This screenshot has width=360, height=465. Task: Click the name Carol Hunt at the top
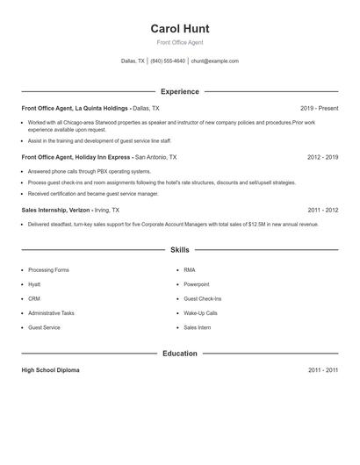pyautogui.click(x=180, y=28)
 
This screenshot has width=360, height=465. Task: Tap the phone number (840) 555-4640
pyautogui.click(x=168, y=61)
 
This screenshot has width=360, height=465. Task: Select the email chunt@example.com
pyautogui.click(x=215, y=61)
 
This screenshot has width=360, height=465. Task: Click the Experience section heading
pyautogui.click(x=180, y=91)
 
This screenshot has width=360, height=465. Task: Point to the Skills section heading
pyautogui.click(x=180, y=250)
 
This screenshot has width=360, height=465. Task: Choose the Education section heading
pyautogui.click(x=180, y=354)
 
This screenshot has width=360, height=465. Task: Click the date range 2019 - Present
pyautogui.click(x=319, y=108)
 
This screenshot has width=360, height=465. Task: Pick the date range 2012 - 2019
pyautogui.click(x=322, y=157)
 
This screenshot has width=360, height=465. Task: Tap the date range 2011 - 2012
pyautogui.click(x=322, y=211)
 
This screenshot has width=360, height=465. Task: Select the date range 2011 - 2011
pyautogui.click(x=322, y=370)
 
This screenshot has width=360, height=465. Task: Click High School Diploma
pyautogui.click(x=50, y=370)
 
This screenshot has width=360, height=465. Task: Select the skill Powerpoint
pyautogui.click(x=197, y=284)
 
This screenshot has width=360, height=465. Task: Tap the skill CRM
pyautogui.click(x=34, y=298)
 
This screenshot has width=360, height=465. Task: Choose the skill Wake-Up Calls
pyautogui.click(x=199, y=313)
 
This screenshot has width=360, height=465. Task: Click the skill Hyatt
pyautogui.click(x=34, y=284)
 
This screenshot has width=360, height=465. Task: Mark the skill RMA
pyautogui.click(x=190, y=270)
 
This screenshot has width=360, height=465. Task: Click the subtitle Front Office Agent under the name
pyautogui.click(x=180, y=42)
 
